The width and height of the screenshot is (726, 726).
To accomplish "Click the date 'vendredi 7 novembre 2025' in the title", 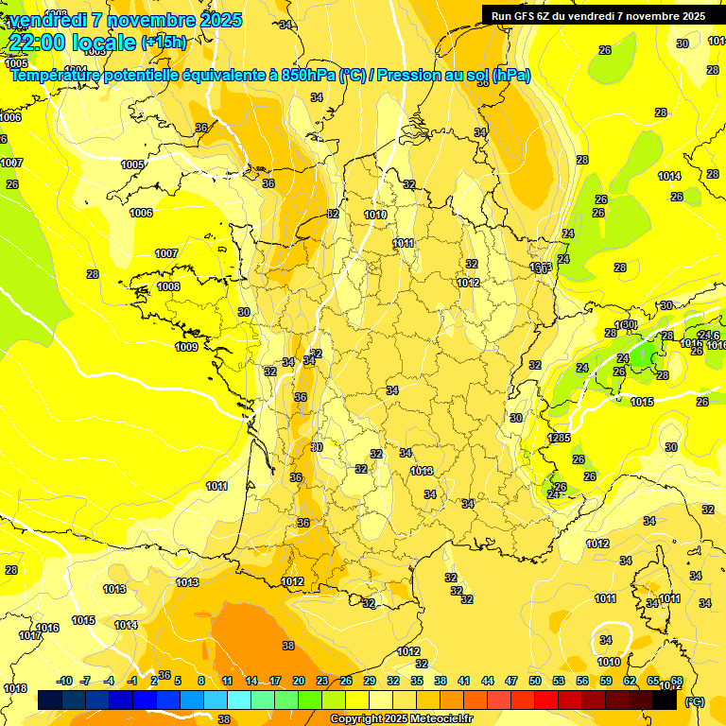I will tap(125, 20).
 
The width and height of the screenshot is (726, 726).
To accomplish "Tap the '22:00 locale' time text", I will tap(72, 42).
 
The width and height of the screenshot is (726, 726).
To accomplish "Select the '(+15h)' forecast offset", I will tap(164, 43).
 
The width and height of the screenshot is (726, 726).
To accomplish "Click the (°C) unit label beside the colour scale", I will tap(694, 701).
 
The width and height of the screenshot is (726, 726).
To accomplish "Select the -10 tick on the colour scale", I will tap(64, 681).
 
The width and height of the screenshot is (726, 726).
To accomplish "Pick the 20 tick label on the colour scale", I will tap(298, 681).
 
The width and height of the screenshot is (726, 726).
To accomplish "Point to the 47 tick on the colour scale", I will tap(511, 681).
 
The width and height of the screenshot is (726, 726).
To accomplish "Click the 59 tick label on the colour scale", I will tap(605, 681).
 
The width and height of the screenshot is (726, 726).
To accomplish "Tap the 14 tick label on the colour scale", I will tap(251, 681).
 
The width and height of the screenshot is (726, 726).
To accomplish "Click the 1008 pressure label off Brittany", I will tap(168, 286).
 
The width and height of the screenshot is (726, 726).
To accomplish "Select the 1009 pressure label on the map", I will tap(186, 347).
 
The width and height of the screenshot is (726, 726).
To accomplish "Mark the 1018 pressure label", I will tap(15, 688).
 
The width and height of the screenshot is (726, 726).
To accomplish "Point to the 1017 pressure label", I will tap(30, 635).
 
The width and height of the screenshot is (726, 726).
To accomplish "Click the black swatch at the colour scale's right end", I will tap(665, 700).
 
